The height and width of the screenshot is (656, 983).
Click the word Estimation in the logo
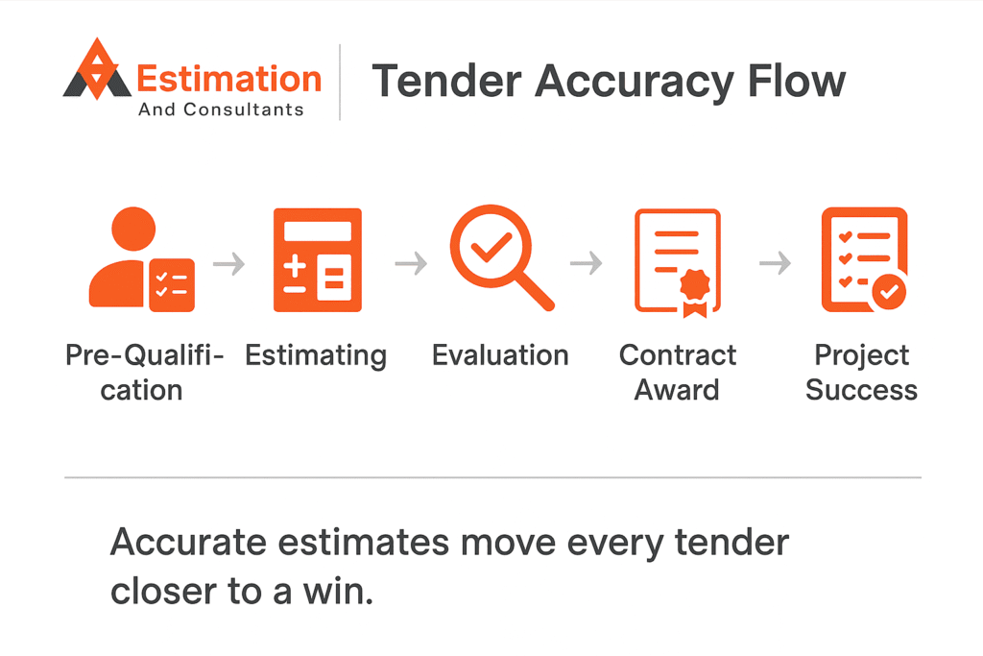click(x=228, y=79)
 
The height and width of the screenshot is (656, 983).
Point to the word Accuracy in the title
click(x=635, y=84)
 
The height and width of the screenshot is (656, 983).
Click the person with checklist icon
click(x=142, y=259)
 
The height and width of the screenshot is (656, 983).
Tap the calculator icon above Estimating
click(x=317, y=259)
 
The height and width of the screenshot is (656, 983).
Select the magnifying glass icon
click(x=501, y=257)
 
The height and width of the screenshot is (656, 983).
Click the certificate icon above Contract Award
click(x=678, y=263)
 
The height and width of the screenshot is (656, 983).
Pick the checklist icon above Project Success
click(x=865, y=259)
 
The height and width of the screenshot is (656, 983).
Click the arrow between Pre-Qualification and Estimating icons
click(x=228, y=263)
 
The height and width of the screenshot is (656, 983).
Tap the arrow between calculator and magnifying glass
click(x=411, y=263)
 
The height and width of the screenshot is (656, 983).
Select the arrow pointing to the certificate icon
click(x=587, y=263)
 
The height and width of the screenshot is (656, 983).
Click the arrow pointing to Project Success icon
click(x=775, y=263)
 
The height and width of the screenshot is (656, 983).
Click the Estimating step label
click(x=316, y=356)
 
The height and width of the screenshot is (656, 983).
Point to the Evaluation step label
click(x=500, y=355)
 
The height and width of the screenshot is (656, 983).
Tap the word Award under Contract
click(x=677, y=389)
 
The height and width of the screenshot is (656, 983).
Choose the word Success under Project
click(x=861, y=389)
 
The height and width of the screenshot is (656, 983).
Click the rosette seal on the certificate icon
click(x=695, y=292)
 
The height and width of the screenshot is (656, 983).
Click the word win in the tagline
click(x=338, y=591)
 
